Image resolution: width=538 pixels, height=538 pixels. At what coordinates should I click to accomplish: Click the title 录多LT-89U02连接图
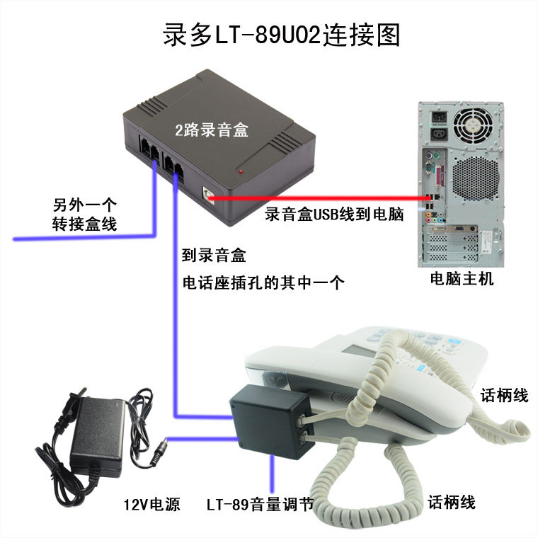point(281,35)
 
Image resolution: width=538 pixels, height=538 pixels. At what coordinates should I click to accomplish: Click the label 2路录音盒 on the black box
point(212,130)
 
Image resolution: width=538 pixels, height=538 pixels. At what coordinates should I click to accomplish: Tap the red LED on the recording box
point(241,171)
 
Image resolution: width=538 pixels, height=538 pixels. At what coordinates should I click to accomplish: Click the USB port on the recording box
point(208,196)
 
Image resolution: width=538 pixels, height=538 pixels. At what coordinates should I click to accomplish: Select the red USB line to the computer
point(319,198)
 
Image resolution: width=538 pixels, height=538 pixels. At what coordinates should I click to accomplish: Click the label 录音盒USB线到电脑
point(334,214)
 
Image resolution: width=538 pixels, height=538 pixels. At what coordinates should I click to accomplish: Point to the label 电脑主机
point(462,278)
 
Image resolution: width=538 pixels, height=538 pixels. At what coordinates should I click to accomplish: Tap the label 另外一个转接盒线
point(84,214)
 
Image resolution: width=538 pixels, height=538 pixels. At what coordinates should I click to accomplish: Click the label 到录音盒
point(214,256)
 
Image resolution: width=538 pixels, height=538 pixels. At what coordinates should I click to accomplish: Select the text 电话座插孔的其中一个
point(263,282)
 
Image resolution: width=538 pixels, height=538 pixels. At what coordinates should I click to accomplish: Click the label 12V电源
point(151,504)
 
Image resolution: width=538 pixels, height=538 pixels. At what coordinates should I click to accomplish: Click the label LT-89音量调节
point(260,504)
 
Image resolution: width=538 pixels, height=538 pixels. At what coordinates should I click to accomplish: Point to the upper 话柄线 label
point(504,395)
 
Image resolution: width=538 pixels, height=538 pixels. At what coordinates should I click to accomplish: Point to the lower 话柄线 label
point(452,503)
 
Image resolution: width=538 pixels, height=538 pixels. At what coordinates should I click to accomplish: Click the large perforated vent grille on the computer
point(476,179)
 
